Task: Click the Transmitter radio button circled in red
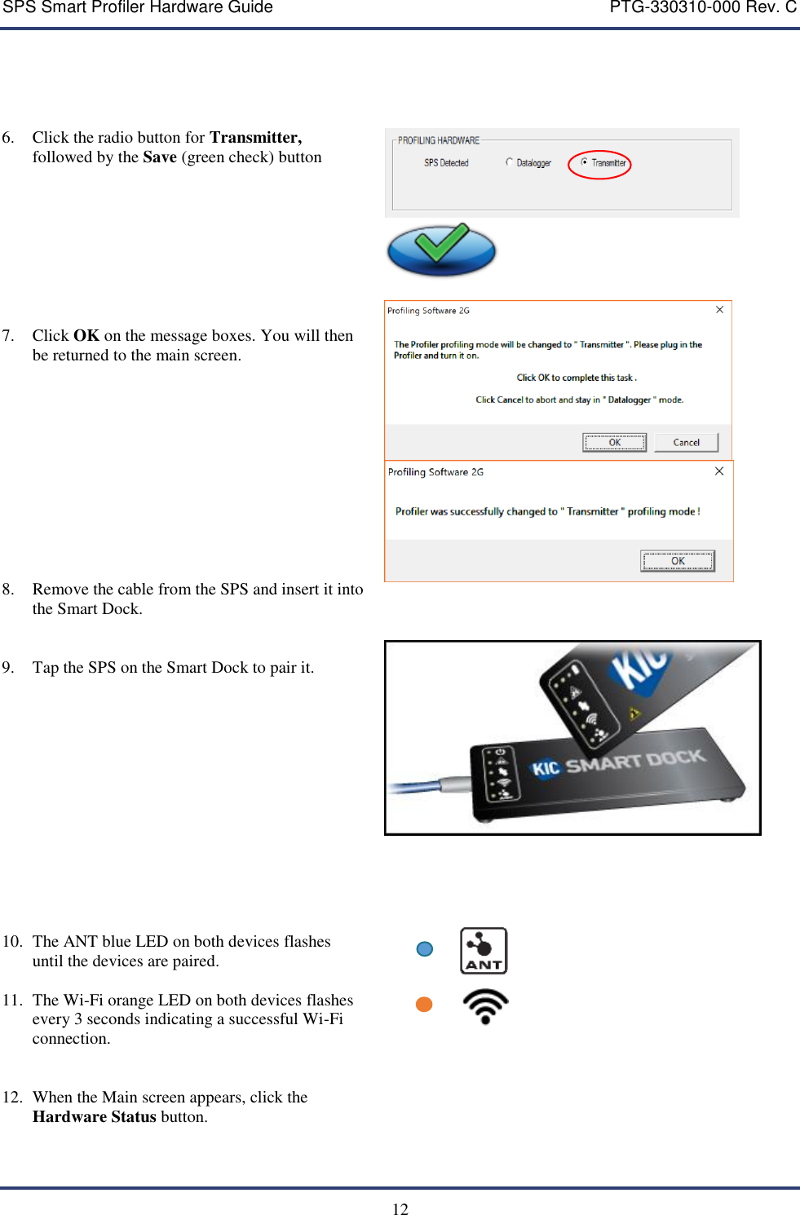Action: click(585, 162)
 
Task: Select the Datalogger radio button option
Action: click(510, 162)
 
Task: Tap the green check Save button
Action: click(441, 250)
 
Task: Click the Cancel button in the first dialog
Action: click(686, 442)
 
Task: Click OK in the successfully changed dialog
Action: click(677, 561)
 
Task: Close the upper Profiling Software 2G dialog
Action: click(719, 310)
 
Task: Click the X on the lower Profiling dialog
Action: click(719, 471)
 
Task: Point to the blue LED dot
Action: click(425, 949)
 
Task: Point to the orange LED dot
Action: click(424, 1005)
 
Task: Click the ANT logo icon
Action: click(484, 951)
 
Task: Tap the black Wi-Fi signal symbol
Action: click(485, 1006)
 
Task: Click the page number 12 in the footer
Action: click(400, 1208)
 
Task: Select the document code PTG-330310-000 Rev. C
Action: click(703, 8)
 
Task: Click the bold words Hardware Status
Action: click(94, 1117)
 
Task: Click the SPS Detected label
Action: click(446, 163)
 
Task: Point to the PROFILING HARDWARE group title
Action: click(439, 140)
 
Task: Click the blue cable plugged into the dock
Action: click(416, 788)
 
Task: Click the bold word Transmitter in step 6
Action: click(255, 138)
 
